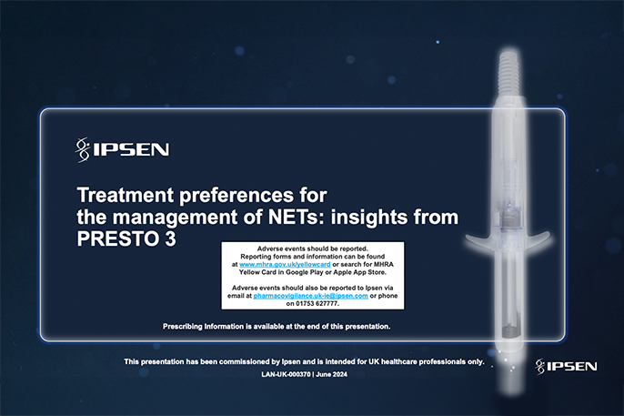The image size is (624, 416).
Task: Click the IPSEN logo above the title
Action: (x=123, y=148)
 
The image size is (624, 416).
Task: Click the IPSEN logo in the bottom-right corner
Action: (x=566, y=366)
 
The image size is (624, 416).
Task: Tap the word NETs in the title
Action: (x=314, y=218)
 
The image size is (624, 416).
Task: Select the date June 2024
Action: (x=336, y=374)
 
